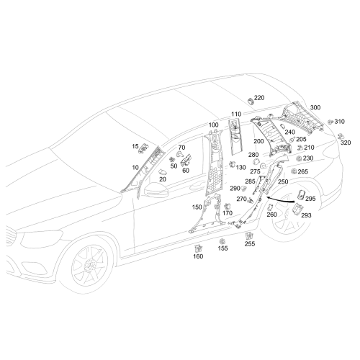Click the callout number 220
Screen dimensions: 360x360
coord(259,98)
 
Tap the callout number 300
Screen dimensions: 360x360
coord(315,107)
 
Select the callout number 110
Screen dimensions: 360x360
coord(236,114)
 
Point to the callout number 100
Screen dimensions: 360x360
coord(213,125)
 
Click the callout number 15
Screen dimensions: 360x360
coord(135,146)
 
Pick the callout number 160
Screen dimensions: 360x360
coord(198,256)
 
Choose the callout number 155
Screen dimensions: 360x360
coord(222,248)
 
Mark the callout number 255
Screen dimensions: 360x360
coord(250,243)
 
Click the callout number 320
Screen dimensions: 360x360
coord(346,143)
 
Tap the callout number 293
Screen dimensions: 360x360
coord(306,215)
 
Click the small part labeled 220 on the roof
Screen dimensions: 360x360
coord(251,101)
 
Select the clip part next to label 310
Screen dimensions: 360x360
coord(331,122)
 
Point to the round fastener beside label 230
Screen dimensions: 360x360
coord(299,158)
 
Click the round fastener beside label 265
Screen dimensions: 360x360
coord(294,171)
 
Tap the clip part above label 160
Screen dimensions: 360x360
coord(198,248)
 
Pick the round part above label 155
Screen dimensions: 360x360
coord(222,241)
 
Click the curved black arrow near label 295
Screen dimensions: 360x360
coord(281,199)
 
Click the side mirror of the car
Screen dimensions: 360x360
coord(156,189)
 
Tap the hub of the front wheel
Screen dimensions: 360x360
coord(91,264)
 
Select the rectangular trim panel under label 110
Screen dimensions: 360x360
coord(235,137)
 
